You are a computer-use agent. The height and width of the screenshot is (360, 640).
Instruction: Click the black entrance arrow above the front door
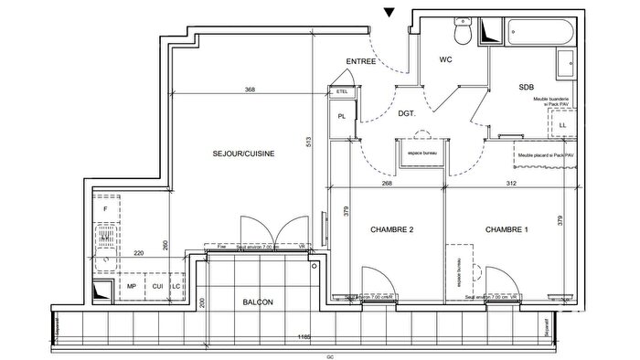tap(390, 12)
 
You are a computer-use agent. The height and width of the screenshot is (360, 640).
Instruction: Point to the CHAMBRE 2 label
tap(394, 229)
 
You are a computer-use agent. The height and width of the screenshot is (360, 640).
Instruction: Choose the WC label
tap(446, 61)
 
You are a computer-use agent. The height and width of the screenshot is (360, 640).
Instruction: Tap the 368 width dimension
tap(250, 90)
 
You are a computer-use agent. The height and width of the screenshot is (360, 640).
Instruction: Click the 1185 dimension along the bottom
tap(304, 337)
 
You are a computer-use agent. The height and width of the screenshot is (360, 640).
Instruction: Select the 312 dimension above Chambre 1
tap(511, 183)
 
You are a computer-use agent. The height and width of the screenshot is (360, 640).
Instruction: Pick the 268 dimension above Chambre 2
tap(387, 183)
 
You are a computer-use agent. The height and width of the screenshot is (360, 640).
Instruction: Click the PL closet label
tap(341, 116)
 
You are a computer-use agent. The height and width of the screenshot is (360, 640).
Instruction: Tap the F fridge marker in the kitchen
tap(105, 208)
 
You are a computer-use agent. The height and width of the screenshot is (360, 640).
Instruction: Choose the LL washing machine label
tap(561, 124)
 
